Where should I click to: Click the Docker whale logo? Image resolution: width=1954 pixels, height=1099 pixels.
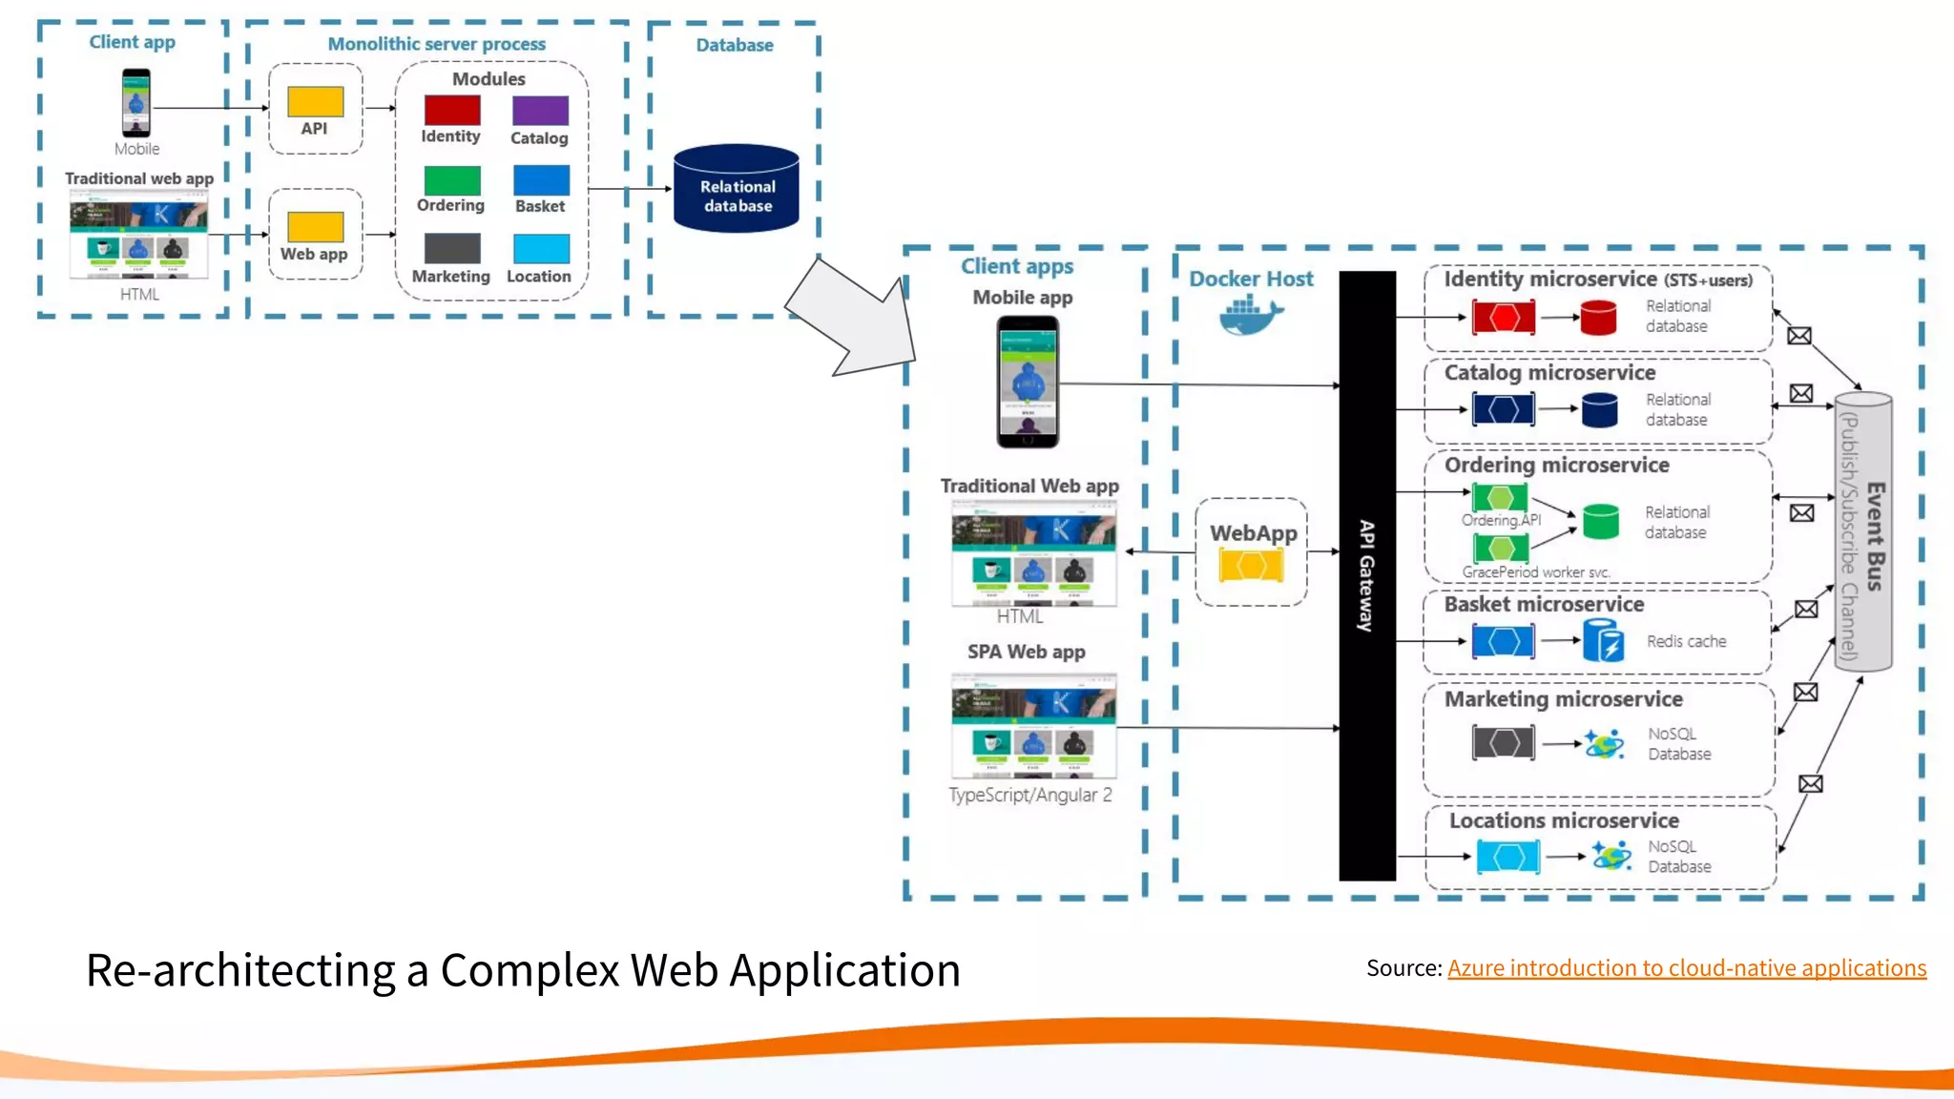[x=1250, y=316]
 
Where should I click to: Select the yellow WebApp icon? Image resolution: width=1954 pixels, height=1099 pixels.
[x=1251, y=566]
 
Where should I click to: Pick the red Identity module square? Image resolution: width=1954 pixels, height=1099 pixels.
[x=452, y=110]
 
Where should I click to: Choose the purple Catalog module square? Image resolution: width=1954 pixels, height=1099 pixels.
[x=540, y=111]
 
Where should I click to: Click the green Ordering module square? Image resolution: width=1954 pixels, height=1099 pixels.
[x=452, y=180]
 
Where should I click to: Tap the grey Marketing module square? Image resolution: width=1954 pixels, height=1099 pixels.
[x=452, y=249]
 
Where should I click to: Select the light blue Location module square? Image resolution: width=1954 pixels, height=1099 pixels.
[x=541, y=249]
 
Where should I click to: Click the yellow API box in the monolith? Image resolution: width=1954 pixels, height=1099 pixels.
[x=316, y=101]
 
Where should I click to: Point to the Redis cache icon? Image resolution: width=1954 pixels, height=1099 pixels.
[x=1603, y=640]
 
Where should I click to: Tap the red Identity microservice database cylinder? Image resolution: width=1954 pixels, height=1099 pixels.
[x=1598, y=318]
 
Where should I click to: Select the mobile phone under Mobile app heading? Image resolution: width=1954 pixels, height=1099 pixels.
[x=1028, y=382]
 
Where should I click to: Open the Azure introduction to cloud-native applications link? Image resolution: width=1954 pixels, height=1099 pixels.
[x=1686, y=968]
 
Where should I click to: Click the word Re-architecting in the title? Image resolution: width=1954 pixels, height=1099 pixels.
[x=239, y=971]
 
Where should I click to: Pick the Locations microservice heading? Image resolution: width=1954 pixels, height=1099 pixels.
[x=1564, y=820]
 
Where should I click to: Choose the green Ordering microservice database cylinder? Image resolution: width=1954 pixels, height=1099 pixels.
[x=1600, y=522]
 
